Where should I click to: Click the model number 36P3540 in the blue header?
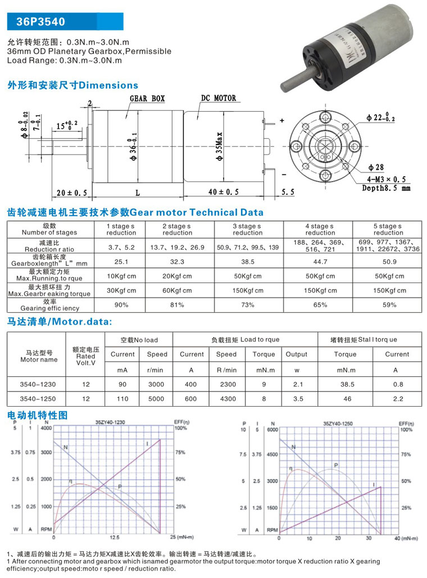pos(40,22)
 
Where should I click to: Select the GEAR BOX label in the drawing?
pos(147,98)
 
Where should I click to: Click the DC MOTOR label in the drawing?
pos(219,98)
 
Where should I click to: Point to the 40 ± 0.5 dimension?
pos(223,192)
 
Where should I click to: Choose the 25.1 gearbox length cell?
pos(121,261)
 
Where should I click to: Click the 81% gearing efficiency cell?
pos(178,305)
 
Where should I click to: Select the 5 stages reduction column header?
pos(388,229)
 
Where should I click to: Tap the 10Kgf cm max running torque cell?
pos(121,276)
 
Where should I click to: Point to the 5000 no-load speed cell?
pos(157,399)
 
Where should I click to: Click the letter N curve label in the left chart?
pos(65,448)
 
